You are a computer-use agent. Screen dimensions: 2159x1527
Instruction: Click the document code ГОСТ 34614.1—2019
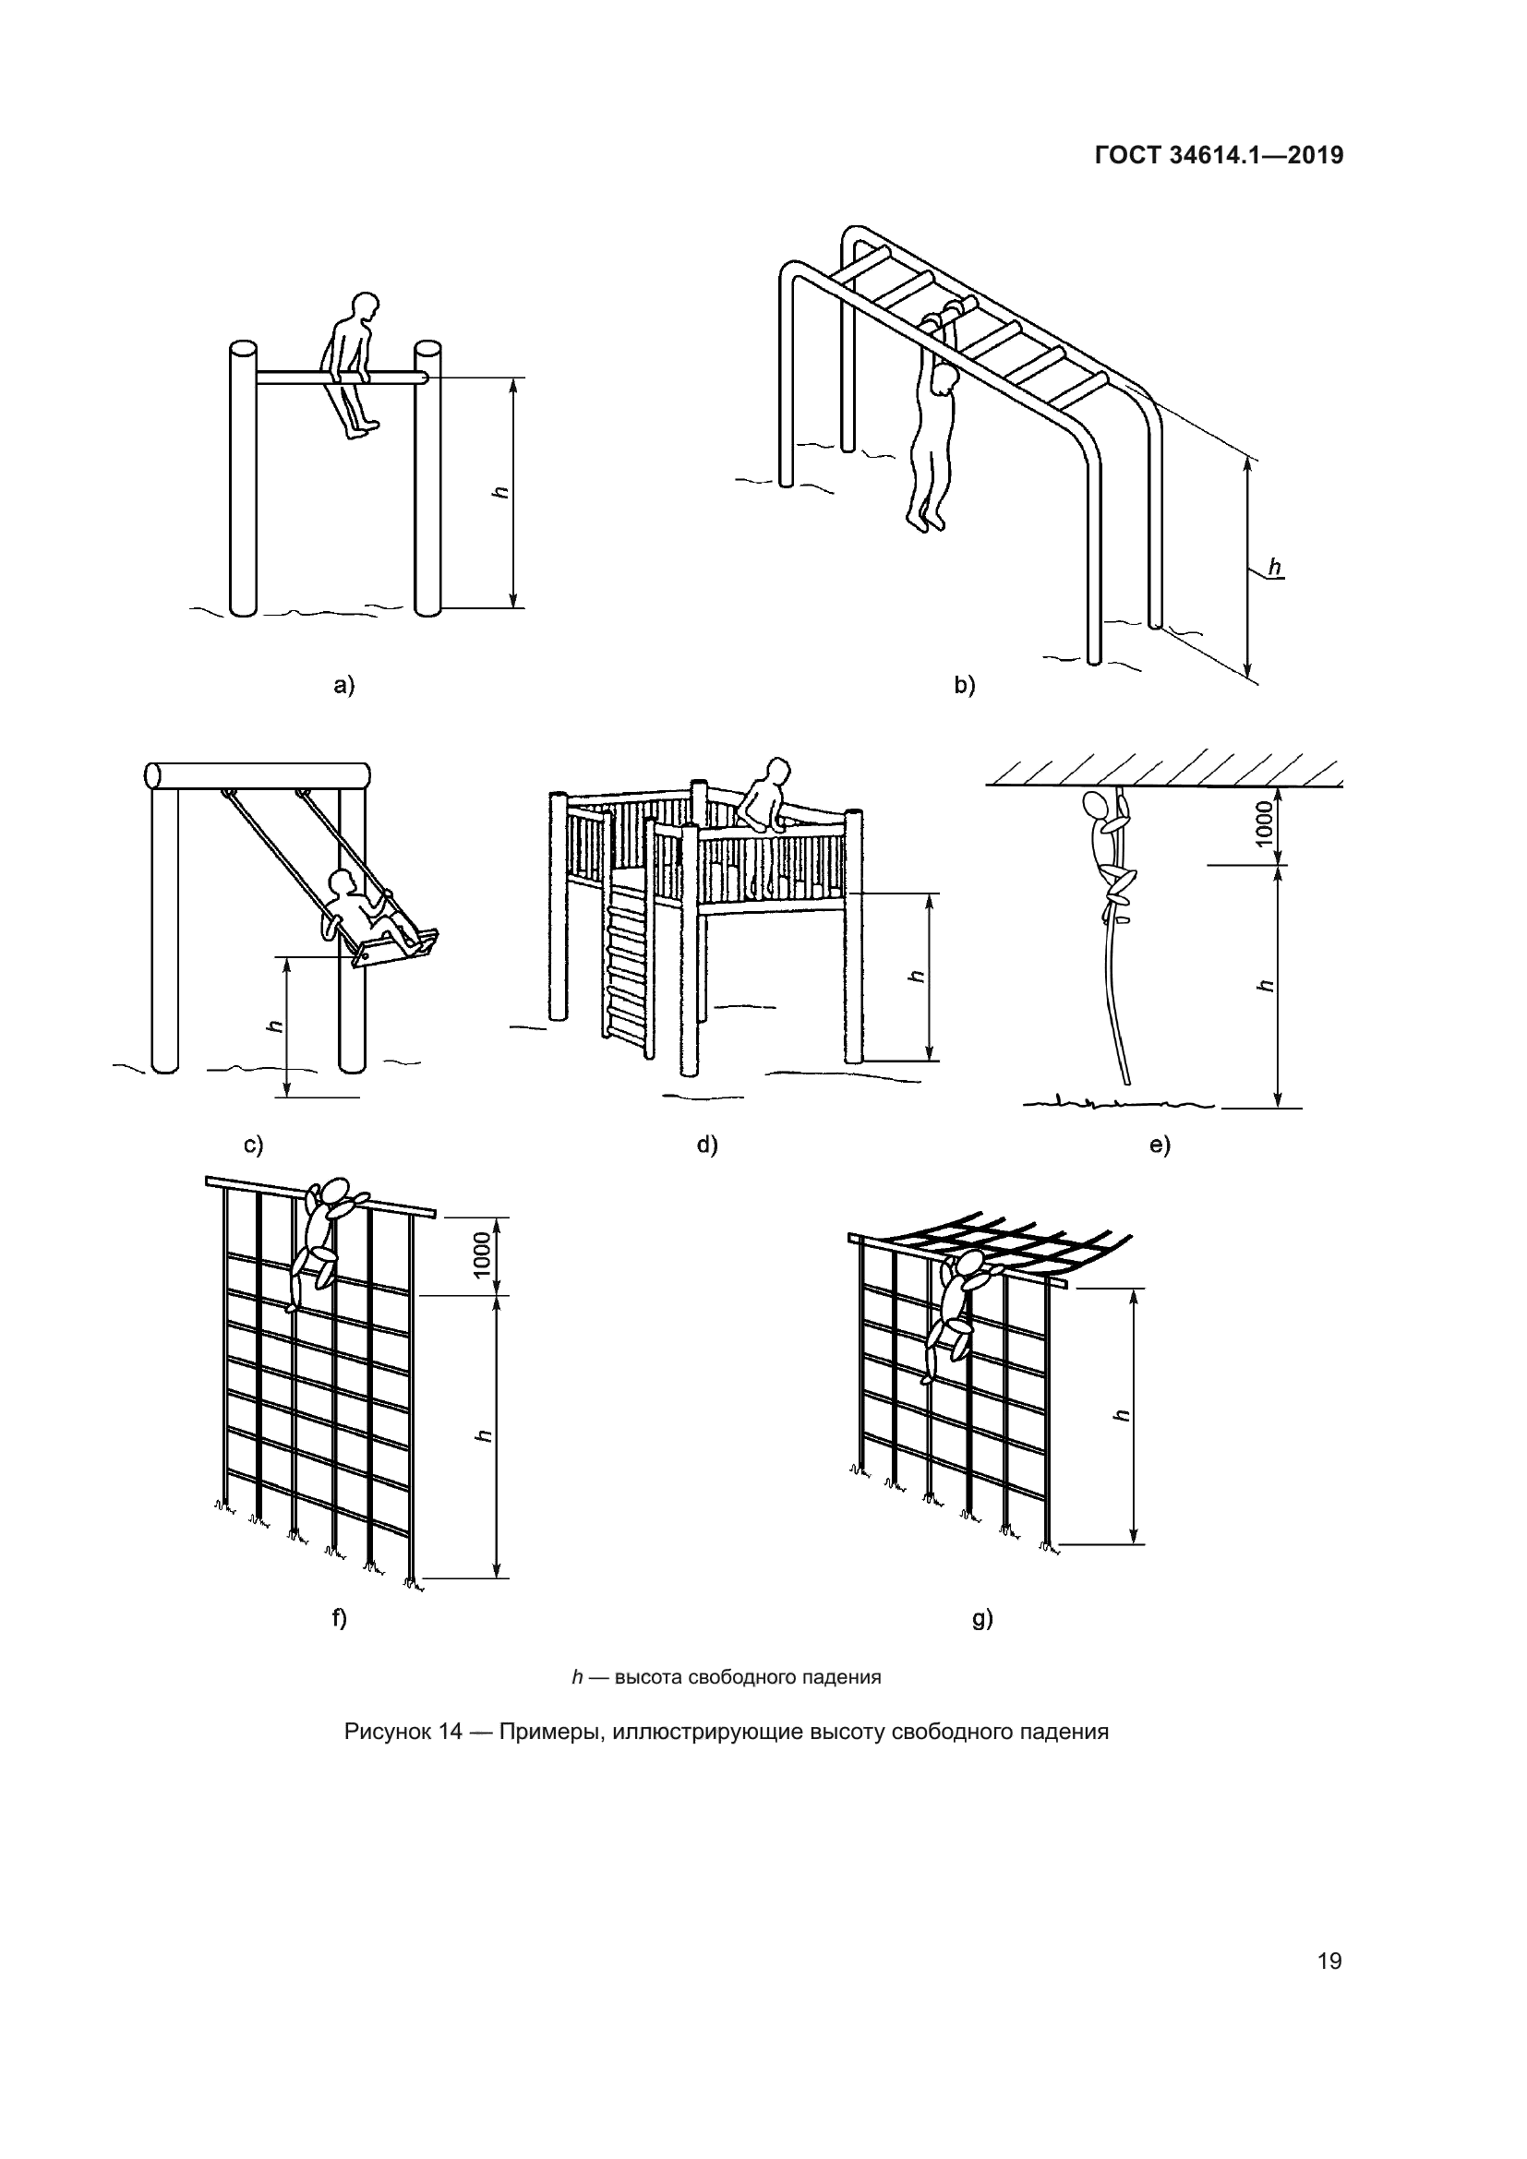click(x=1219, y=155)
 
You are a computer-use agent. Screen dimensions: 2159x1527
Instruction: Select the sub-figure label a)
click(x=344, y=686)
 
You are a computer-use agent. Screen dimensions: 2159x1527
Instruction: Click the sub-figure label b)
click(x=965, y=686)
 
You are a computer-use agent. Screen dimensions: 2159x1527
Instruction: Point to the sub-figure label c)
click(x=253, y=1145)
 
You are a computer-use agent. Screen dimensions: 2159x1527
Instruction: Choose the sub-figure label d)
click(x=706, y=1145)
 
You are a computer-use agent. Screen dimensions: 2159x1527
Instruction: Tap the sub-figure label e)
click(x=1160, y=1145)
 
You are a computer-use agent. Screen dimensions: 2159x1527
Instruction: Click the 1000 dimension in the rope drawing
click(x=1265, y=822)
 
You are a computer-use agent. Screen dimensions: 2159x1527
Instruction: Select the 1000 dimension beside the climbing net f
click(x=481, y=1255)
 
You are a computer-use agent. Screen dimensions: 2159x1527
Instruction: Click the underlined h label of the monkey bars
click(x=1275, y=567)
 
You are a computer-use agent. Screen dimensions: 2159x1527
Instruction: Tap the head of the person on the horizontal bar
click(x=361, y=308)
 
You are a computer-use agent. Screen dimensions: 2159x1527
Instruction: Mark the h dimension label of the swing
click(x=274, y=1026)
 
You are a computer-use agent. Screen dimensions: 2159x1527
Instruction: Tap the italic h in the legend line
click(x=577, y=1676)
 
